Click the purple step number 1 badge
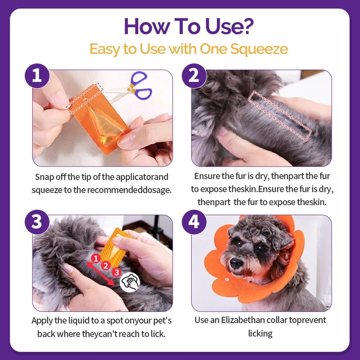(37, 76)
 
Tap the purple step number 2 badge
(194, 76)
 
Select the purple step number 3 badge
(37, 222)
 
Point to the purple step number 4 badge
(194, 222)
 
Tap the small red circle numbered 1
(96, 258)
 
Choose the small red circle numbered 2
(106, 265)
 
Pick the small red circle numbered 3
(117, 272)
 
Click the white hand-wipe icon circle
(130, 283)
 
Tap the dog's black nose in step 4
(237, 262)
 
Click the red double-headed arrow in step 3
(100, 274)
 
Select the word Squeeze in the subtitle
(259, 49)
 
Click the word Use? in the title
(229, 26)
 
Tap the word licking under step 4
(261, 333)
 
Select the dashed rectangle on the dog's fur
(279, 116)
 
